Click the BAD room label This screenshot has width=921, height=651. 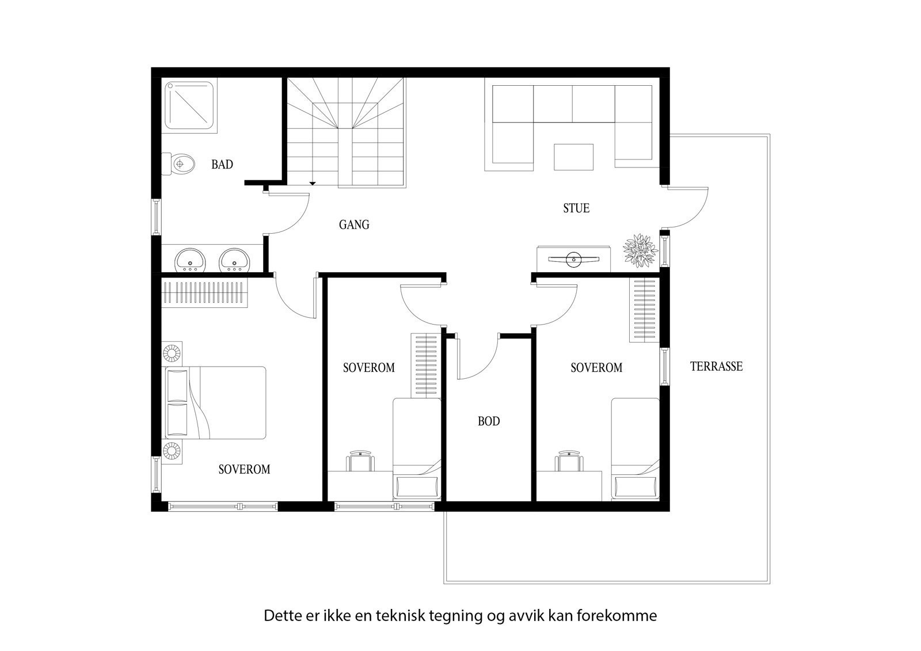222,165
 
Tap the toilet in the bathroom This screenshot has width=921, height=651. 180,164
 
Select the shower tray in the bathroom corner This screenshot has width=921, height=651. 190,105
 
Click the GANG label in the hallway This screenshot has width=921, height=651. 354,224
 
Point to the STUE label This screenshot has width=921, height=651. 576,208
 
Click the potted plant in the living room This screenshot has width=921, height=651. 640,250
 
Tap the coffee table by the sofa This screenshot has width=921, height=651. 573,157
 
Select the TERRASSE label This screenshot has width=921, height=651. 716,366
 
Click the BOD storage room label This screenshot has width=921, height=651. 489,421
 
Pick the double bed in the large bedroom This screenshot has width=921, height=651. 216,403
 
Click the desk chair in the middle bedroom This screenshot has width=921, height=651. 360,461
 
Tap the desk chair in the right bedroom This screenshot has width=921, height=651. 569,461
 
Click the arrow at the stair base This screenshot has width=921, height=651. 313,183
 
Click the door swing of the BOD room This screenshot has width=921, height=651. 478,360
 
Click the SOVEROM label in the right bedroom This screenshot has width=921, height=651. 596,367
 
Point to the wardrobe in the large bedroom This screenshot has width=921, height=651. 204,292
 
